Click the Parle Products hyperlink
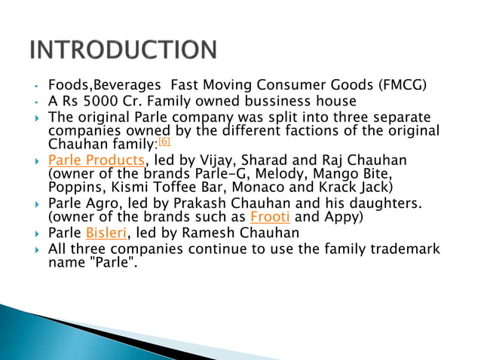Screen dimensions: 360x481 tap(96, 160)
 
